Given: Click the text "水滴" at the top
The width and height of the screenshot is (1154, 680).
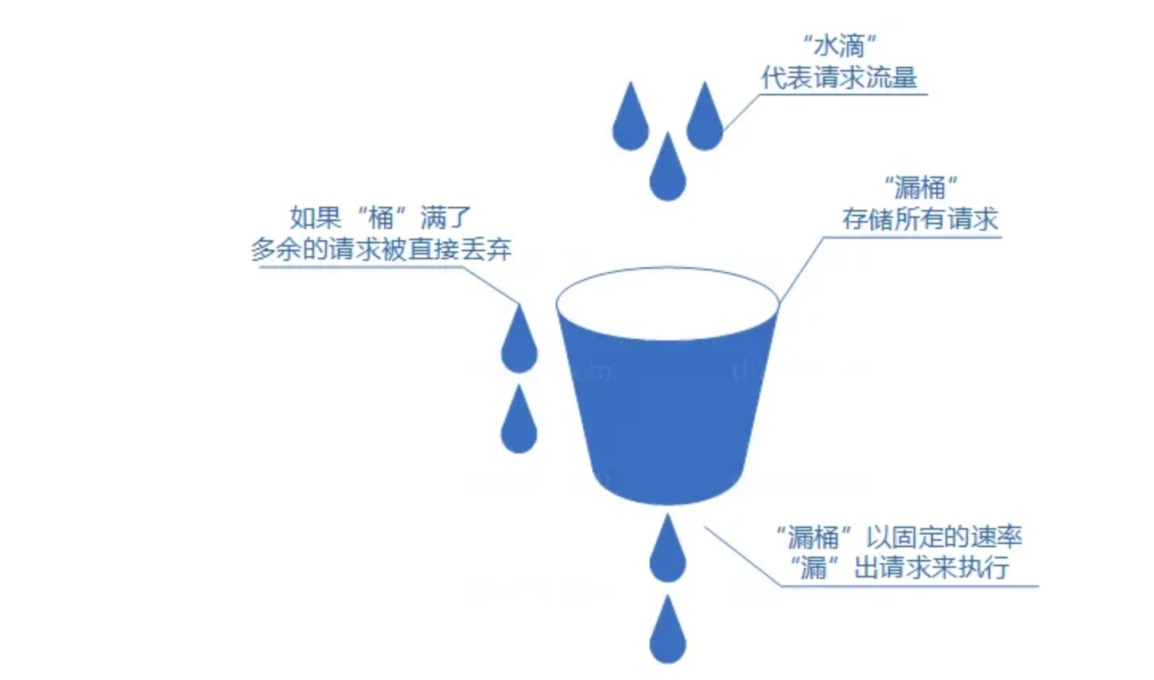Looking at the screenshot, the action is tap(839, 45).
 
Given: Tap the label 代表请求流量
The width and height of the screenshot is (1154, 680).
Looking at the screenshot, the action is tap(839, 78).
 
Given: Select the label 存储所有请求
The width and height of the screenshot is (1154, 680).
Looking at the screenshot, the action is tap(920, 219).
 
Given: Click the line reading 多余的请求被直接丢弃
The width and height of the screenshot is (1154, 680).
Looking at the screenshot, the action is tap(381, 249).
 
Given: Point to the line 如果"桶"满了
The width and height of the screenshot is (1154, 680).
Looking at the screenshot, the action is tap(380, 216).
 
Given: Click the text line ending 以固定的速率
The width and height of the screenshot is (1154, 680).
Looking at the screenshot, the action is tap(899, 537).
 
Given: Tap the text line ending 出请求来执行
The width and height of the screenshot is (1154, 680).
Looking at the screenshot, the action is tap(899, 568).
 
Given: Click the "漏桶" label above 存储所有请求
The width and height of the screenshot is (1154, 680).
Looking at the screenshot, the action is tap(920, 188).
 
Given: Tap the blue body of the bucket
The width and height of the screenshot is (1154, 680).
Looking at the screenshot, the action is tap(667, 414).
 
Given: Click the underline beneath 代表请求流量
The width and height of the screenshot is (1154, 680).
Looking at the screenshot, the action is tap(843, 95).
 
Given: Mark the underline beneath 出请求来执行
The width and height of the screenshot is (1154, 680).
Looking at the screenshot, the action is tap(907, 586).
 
